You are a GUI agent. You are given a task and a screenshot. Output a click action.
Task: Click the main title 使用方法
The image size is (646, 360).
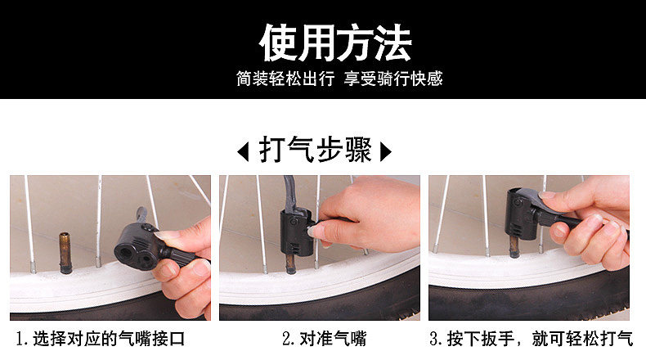[x=335, y=43]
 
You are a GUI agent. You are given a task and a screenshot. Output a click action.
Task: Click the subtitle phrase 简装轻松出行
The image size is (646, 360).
[x=285, y=79]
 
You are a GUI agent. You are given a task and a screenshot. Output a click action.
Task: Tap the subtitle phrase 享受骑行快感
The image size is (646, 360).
[x=393, y=79]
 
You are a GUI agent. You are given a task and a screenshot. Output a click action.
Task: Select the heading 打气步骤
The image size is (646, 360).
[x=315, y=150]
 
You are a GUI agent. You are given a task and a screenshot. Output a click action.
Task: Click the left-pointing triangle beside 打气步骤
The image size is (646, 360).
[x=244, y=151]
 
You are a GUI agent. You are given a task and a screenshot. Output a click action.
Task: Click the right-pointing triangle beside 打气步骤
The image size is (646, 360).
[x=386, y=151]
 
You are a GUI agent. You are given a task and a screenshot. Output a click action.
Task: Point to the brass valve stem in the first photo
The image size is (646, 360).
[x=65, y=253]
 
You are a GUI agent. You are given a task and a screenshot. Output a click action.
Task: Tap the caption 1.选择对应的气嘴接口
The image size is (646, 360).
[x=100, y=339]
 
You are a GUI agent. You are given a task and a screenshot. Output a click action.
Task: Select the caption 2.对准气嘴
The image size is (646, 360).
[x=325, y=339]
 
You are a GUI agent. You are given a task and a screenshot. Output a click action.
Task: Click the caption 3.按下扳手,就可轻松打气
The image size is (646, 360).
[x=531, y=339]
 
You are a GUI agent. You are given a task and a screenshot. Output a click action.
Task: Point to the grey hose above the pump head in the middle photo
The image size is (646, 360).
[x=292, y=194]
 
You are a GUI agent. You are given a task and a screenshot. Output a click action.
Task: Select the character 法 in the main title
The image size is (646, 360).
[x=393, y=43]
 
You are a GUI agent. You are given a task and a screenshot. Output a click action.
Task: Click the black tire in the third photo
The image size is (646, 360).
[x=528, y=299]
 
